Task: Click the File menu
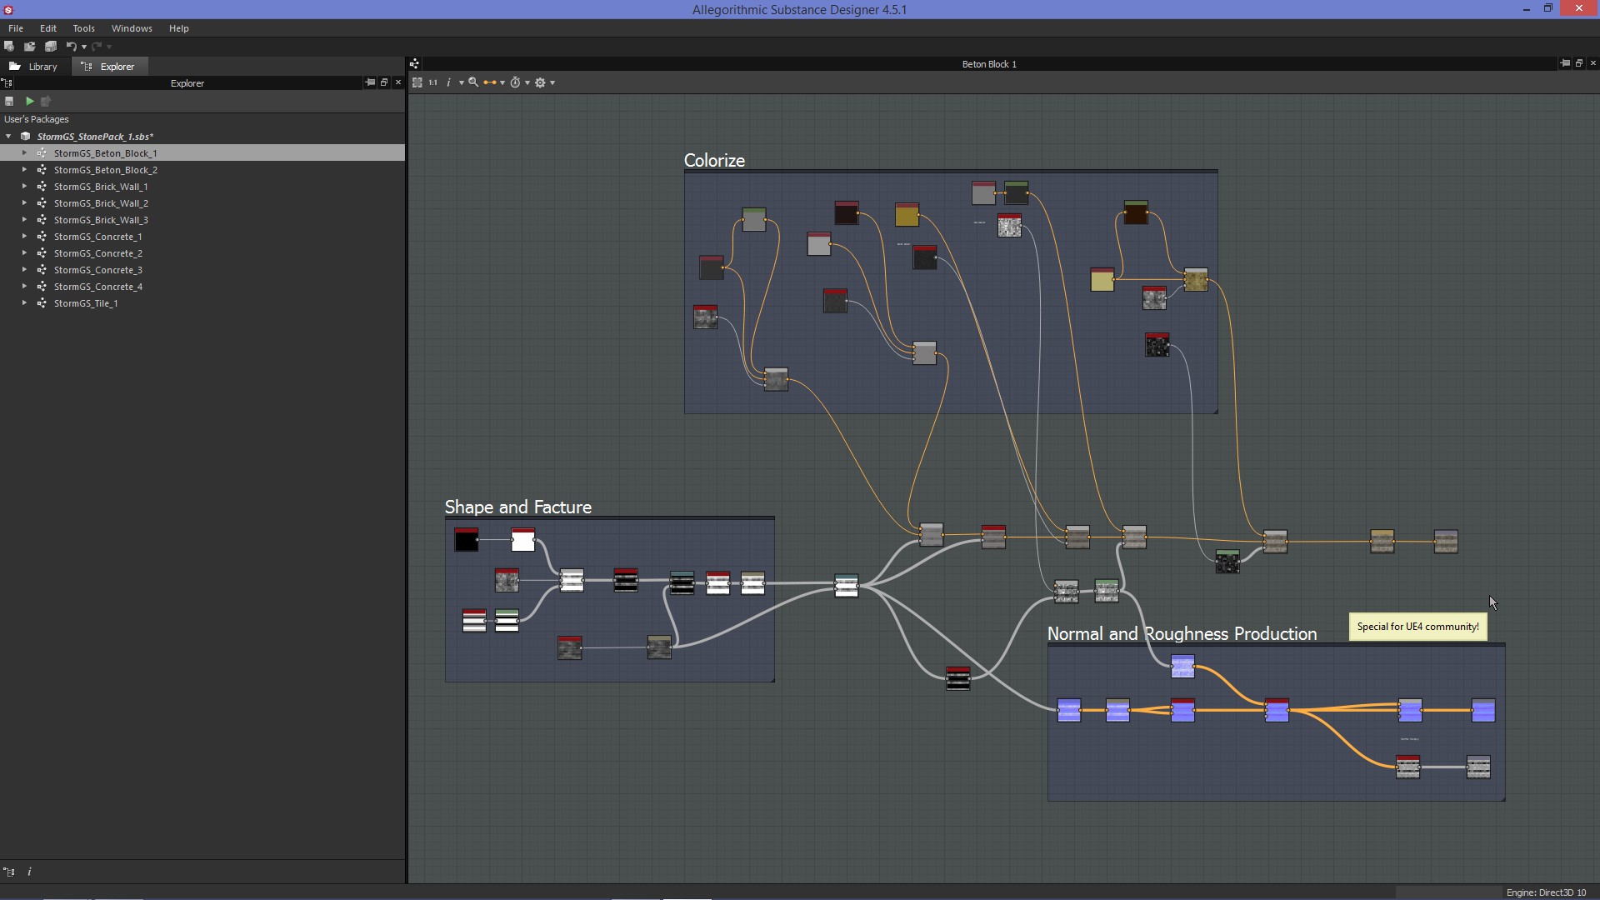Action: [16, 28]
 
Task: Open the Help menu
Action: [178, 28]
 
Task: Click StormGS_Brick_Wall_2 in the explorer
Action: [101, 203]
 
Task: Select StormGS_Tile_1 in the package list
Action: [86, 303]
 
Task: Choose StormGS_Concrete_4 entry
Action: [98, 287]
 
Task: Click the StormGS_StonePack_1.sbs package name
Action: [95, 137]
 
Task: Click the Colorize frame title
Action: [714, 161]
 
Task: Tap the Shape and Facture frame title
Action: [517, 507]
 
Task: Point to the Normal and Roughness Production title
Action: [1182, 634]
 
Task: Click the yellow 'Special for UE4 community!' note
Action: [1417, 627]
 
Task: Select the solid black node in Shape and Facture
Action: [466, 541]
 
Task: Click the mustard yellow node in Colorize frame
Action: [907, 215]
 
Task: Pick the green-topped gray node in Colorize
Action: [753, 221]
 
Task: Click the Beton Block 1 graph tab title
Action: [989, 64]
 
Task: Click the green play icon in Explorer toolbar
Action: [30, 101]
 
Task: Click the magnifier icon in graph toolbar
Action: [473, 82]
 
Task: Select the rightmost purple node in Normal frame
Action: [1483, 711]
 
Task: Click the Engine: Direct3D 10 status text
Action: [1546, 892]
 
